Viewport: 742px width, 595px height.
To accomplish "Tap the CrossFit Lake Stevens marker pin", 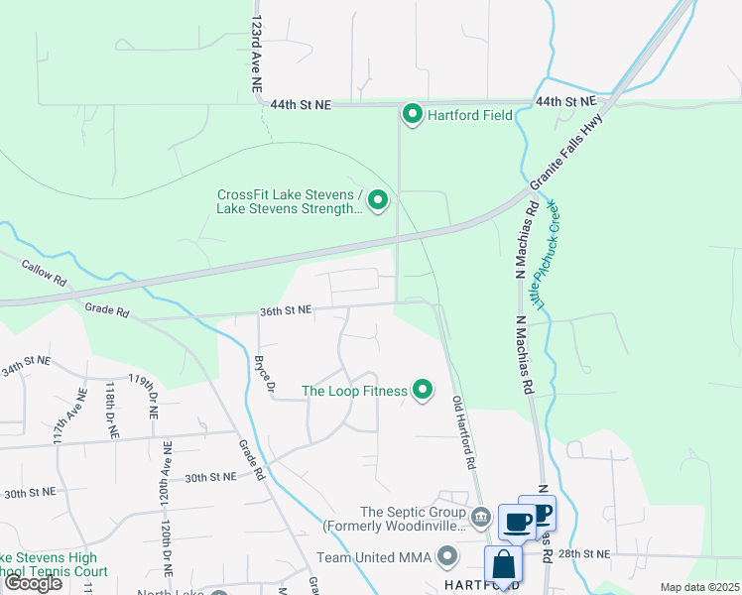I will (378, 201).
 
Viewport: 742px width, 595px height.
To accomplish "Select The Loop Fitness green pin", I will (423, 391).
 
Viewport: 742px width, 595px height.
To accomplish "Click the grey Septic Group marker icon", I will (481, 515).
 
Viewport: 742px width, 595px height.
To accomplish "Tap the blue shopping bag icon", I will (503, 565).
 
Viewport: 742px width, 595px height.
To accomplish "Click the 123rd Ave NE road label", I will (257, 54).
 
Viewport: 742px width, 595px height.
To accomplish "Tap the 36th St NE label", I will (286, 310).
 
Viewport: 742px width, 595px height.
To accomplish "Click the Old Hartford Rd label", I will (463, 433).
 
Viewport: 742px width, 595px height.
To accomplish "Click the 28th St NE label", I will (583, 553).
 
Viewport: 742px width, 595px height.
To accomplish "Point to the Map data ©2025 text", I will (698, 587).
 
